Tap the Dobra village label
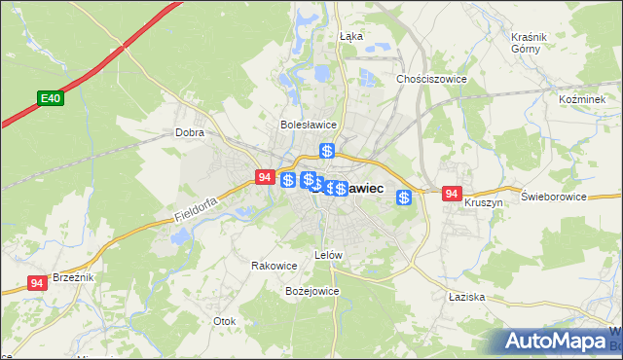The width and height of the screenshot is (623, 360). coord(188,132)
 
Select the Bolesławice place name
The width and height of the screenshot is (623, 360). coord(308,125)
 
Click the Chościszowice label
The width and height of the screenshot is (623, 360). coord(432,79)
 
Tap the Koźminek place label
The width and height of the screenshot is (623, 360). coord(582,99)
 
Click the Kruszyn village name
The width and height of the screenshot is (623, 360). coord(483,203)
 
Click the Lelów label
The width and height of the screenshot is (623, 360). coord(329,255)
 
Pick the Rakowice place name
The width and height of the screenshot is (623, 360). coord(274,266)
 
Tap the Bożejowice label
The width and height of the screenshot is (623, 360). coord(311,291)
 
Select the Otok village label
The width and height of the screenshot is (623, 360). coord(224,320)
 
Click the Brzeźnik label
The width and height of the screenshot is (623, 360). coord(73,277)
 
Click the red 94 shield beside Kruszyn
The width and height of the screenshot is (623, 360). coord(451,194)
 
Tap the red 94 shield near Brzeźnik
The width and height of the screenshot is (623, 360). coord(37,283)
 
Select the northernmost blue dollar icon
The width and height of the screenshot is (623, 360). coord(328,151)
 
